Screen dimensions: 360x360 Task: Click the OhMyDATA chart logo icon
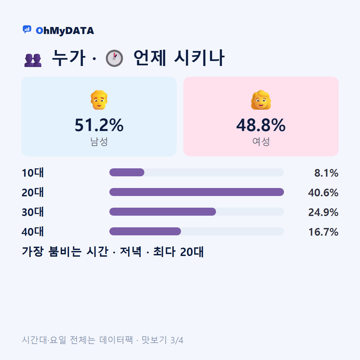coord(27,29)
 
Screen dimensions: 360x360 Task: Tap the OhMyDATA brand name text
coord(65,31)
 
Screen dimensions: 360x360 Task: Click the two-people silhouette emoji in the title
coord(33,60)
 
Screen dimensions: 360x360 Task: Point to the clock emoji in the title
coord(114,58)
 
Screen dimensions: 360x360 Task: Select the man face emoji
coord(99,100)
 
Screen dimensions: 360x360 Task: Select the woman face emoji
coord(261,100)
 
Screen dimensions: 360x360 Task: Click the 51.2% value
coord(99,125)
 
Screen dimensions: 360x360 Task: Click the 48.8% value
coord(261,125)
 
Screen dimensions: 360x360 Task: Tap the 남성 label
coord(99,141)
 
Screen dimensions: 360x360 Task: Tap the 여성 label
coord(261,141)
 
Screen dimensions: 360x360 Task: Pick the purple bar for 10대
coord(127,172)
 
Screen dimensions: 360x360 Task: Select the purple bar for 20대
coord(197,192)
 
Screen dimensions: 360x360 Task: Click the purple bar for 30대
coord(163,212)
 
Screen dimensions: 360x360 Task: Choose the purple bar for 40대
coord(145,231)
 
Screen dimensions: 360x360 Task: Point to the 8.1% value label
coord(326,173)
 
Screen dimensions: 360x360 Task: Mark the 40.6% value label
coord(323,193)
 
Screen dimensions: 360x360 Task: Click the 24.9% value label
coord(323,212)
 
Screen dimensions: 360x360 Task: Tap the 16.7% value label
coord(323,232)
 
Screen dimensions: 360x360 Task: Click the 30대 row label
coord(33,212)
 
